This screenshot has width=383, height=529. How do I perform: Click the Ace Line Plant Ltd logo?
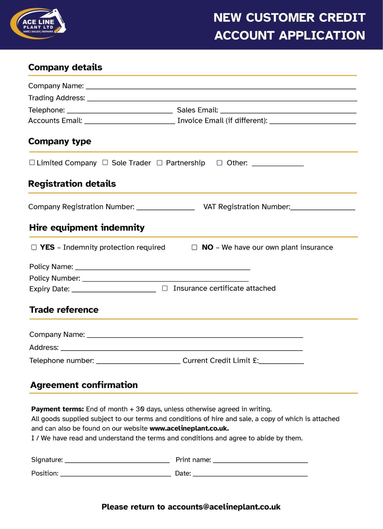pyautogui.click(x=38, y=24)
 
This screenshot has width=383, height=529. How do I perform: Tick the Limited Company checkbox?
pyautogui.click(x=32, y=163)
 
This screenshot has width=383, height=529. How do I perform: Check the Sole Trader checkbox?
pyautogui.click(x=105, y=163)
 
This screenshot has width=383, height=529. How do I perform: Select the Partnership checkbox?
pyautogui.click(x=160, y=163)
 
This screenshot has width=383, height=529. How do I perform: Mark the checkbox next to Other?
pyautogui.click(x=220, y=163)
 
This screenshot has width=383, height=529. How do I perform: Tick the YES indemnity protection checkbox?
pyautogui.click(x=34, y=247)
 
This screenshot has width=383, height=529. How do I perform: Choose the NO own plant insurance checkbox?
pyautogui.click(x=194, y=247)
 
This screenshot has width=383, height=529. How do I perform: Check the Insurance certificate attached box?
pyautogui.click(x=165, y=288)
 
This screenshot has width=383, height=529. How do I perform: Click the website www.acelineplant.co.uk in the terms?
pyautogui.click(x=189, y=428)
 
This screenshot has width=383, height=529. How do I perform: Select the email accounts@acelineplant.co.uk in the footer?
pyautogui.click(x=224, y=507)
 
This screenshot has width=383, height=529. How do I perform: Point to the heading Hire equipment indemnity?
pyautogui.click(x=87, y=228)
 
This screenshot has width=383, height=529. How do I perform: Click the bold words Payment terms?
pyautogui.click(x=57, y=409)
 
